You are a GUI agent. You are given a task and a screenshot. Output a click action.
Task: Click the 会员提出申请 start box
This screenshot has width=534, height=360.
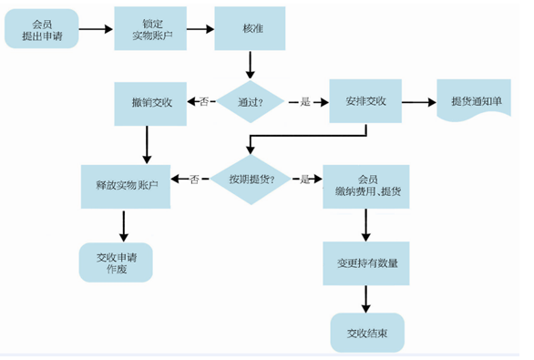(x=41, y=28)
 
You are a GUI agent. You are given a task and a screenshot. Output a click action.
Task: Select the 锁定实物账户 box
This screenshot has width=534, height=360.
(x=149, y=28)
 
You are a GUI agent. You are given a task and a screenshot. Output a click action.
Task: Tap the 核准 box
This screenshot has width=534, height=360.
(x=249, y=28)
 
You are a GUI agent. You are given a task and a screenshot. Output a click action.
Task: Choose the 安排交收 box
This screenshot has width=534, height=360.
(x=365, y=102)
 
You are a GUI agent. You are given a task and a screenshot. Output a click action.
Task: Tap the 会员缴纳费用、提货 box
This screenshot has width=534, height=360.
(x=365, y=185)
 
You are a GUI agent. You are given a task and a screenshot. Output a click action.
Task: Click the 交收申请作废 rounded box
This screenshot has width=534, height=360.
(x=116, y=262)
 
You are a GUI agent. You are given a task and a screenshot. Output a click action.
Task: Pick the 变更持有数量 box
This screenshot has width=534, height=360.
(x=365, y=262)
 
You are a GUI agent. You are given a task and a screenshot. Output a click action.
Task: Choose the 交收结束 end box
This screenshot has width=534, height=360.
(x=365, y=333)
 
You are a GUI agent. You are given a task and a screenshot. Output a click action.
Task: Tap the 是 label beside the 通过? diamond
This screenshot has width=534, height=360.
(x=305, y=102)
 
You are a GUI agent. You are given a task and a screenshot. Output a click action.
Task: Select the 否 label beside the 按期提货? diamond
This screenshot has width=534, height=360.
(x=194, y=180)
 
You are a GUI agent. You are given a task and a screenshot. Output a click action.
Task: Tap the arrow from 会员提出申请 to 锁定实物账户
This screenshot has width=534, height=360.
(x=96, y=28)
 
